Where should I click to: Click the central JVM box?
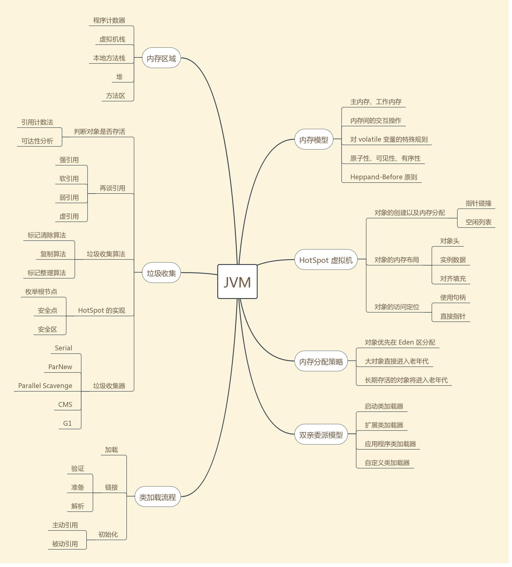click(237, 282)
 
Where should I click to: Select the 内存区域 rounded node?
click(161, 58)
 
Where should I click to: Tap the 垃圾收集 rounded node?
click(161, 273)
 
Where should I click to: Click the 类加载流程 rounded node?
click(157, 497)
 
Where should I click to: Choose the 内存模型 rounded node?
click(314, 139)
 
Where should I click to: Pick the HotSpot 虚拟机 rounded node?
click(326, 260)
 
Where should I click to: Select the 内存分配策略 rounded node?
click(321, 361)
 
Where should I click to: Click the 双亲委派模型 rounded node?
click(321, 435)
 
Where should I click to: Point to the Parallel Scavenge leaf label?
click(45, 386)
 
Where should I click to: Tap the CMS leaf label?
click(65, 404)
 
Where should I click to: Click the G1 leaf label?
click(67, 423)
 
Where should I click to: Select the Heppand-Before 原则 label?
click(383, 177)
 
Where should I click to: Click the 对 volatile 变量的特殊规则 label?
click(389, 139)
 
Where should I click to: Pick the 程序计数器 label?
click(109, 20)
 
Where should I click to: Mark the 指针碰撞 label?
click(478, 203)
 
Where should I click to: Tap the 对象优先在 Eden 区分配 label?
click(400, 342)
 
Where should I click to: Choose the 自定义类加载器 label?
click(387, 462)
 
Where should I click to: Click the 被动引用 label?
click(65, 544)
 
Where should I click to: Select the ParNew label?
click(60, 367)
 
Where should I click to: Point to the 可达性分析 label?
click(37, 141)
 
